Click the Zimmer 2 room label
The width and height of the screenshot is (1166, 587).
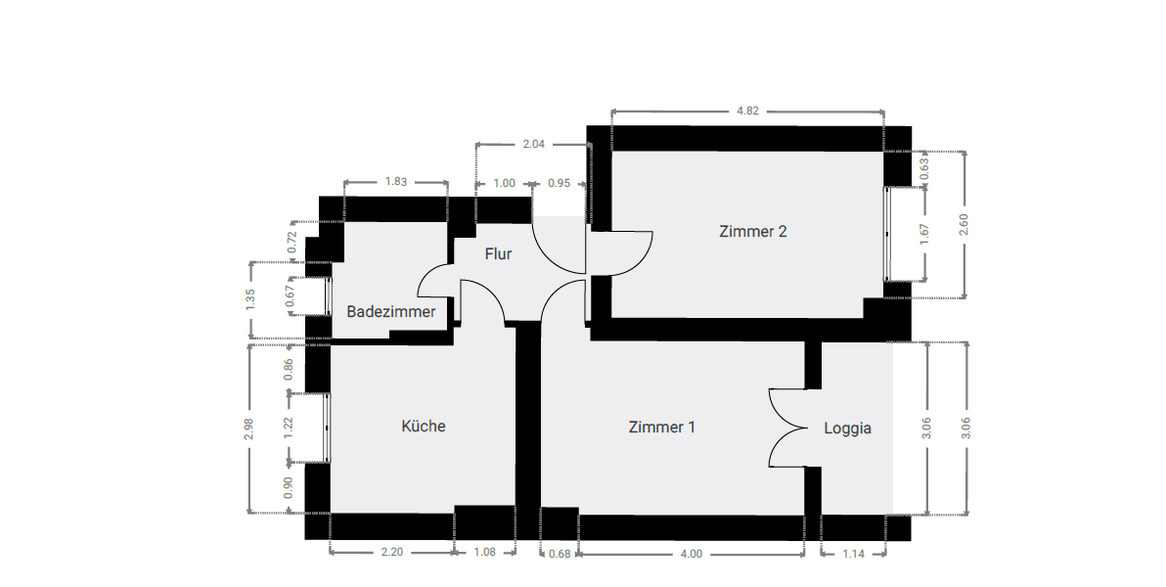(753, 232)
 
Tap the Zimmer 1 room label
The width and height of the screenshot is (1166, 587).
(662, 428)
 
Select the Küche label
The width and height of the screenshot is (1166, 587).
(424, 427)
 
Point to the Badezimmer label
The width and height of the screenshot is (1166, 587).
(390, 312)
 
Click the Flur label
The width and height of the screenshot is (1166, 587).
(499, 254)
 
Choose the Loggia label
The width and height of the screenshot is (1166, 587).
(847, 428)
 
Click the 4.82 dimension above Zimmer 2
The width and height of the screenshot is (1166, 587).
(747, 111)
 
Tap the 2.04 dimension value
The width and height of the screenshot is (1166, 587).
(534, 144)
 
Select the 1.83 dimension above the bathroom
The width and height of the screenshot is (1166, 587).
(396, 182)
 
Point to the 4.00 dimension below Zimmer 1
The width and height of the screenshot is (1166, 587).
(691, 554)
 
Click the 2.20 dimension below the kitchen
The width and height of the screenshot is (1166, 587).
(391, 553)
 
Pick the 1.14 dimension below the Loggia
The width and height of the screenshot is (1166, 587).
(854, 554)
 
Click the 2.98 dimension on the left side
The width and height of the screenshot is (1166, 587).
(250, 428)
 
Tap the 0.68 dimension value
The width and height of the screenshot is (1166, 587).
(560, 554)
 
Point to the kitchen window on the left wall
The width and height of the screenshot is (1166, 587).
(327, 428)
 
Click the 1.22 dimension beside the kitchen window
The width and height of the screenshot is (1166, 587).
(289, 428)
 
